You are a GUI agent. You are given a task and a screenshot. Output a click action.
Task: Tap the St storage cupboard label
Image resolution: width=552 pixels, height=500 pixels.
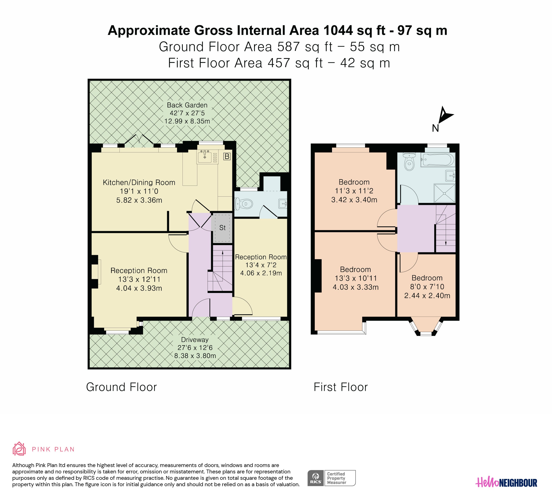tap(222, 228)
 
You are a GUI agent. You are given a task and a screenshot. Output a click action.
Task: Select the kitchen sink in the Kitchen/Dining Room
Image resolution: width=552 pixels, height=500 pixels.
tap(204, 157)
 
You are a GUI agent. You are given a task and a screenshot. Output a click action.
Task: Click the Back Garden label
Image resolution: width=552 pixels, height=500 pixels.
tap(187, 105)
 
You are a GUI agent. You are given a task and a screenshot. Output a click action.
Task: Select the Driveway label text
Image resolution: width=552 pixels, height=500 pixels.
tap(195, 340)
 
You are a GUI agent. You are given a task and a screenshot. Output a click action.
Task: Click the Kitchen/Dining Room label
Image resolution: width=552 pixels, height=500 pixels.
tap(139, 182)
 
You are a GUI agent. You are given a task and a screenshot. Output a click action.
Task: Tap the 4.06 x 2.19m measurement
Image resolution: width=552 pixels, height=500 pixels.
tap(261, 273)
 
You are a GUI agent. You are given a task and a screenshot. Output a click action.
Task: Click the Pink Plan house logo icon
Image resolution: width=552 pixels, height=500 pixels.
tap(19, 449)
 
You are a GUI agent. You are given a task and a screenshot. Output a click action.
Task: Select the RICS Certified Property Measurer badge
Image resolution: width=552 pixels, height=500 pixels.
tap(331, 478)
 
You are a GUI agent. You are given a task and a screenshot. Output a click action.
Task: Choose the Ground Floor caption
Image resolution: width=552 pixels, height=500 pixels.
tap(121, 387)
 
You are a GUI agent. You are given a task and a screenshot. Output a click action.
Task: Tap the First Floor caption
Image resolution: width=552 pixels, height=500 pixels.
tap(341, 387)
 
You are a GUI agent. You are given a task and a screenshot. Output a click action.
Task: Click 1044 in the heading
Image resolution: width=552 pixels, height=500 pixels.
tap(338, 30)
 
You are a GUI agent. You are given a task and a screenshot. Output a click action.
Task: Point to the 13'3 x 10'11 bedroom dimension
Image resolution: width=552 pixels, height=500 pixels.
tap(356, 278)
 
